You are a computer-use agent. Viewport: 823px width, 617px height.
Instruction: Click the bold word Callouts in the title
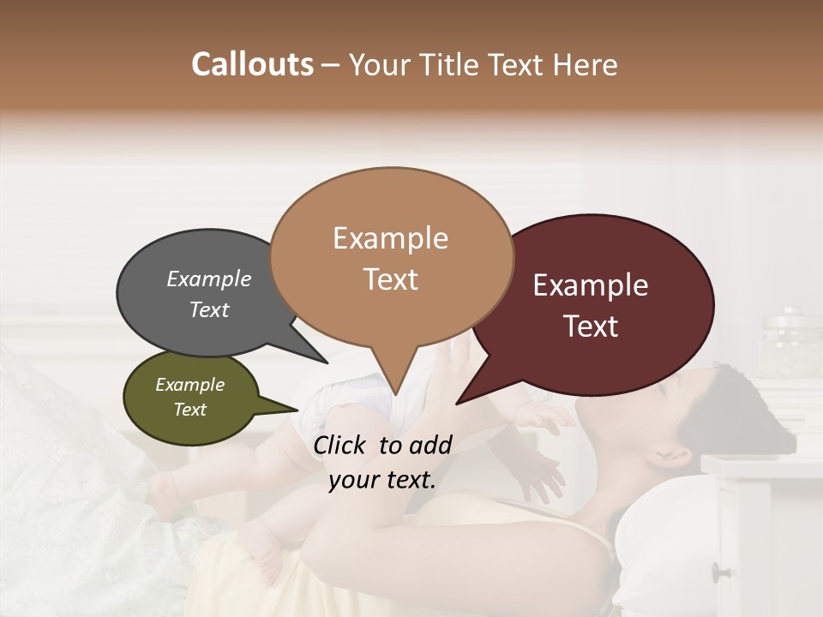252,64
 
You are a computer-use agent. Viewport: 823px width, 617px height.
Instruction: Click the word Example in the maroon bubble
591,285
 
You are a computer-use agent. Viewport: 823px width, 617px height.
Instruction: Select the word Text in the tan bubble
391,279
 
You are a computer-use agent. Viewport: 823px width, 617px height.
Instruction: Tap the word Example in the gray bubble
209,279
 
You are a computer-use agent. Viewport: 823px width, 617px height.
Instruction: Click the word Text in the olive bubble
190,410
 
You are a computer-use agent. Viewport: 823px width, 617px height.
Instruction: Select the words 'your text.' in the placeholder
382,480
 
